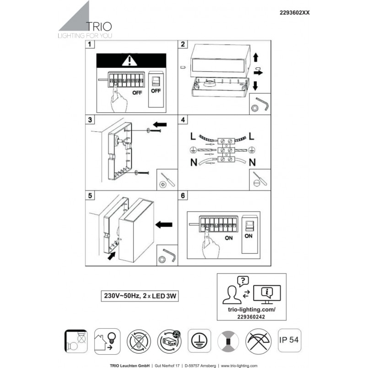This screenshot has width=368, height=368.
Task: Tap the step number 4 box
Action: point(183,120)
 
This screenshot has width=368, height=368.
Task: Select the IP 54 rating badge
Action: point(289,340)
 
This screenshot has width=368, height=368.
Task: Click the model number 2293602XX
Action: point(295,13)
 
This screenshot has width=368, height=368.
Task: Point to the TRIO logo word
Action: point(99,27)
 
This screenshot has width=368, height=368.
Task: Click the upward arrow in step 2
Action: point(256,57)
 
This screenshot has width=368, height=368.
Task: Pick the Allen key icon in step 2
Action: point(262,103)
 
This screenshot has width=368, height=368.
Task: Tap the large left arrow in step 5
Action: point(164,225)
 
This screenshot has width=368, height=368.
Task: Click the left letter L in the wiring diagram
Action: point(193,136)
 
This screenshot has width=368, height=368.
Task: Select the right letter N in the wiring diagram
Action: point(252,162)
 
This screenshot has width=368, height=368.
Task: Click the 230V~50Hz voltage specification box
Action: point(140,296)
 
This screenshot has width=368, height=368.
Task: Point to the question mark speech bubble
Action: point(243,281)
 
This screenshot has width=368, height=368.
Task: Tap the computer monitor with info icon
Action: point(267,294)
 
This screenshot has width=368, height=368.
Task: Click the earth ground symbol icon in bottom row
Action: point(199,341)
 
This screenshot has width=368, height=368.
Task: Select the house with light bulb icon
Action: point(107,341)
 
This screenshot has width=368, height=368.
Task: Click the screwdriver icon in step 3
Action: point(168,179)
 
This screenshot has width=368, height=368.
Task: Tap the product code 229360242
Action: point(251,317)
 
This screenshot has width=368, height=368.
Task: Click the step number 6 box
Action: point(183,195)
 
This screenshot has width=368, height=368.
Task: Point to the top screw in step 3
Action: point(154,130)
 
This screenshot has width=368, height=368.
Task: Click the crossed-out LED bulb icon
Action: point(139,341)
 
